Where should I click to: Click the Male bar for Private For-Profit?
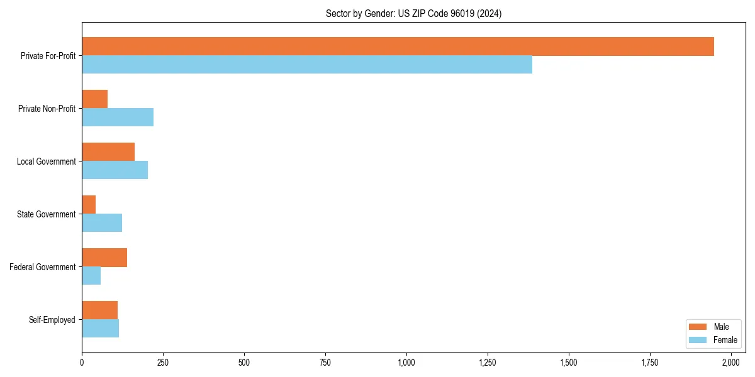tap(398, 46)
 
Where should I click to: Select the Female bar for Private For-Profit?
tap(307, 65)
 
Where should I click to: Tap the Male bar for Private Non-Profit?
tap(94, 99)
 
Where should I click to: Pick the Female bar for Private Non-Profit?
tap(118, 117)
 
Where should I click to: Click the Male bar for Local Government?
tap(108, 152)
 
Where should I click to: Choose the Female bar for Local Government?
tap(115, 170)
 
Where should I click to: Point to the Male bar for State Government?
tap(89, 205)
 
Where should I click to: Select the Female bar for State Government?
tap(102, 223)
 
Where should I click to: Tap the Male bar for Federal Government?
tap(104, 258)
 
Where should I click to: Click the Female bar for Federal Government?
tap(91, 276)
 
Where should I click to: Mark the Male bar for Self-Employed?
tap(99, 310)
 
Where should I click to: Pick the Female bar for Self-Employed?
tap(100, 329)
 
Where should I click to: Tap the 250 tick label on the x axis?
tap(163, 363)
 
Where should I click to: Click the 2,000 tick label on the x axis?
tap(731, 363)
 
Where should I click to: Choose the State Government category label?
tap(46, 214)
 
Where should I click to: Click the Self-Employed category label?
tap(52, 320)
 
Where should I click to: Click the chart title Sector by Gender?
tap(413, 13)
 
